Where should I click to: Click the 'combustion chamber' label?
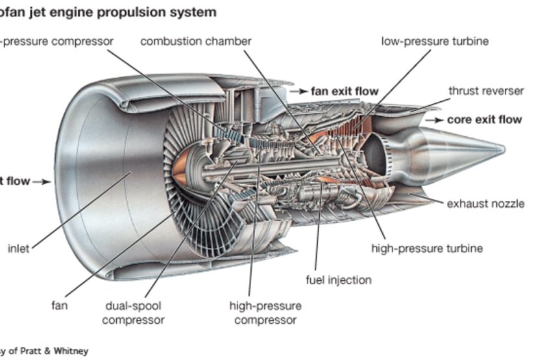click(195, 42)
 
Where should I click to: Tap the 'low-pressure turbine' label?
click(435, 42)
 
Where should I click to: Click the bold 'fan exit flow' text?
click(344, 91)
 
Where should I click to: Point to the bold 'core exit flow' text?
click(484, 120)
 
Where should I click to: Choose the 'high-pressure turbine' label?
click(426, 248)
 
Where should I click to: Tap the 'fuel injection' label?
click(338, 280)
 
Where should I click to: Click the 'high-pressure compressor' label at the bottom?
click(265, 313)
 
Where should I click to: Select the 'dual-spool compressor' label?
click(132, 313)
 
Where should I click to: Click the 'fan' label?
click(59, 305)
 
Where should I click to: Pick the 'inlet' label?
click(18, 248)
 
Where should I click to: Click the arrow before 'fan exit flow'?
click(298, 92)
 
